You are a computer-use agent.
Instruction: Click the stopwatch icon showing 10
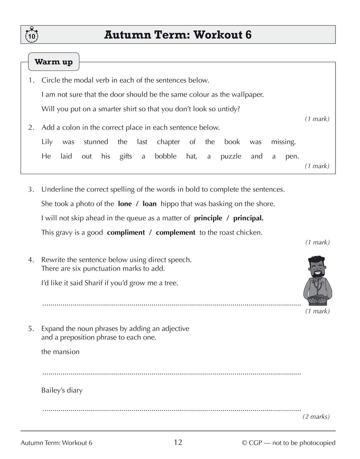coord(31,35)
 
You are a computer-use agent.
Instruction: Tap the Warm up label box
coord(53,62)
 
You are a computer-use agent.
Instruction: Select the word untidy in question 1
coord(228,109)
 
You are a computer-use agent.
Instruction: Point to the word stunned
coord(96,142)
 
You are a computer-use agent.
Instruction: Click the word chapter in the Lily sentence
coord(168,142)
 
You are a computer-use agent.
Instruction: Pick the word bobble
coord(165,156)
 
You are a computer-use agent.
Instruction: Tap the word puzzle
coord(231,156)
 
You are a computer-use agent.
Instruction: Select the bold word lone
coord(125,204)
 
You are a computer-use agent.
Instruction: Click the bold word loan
coord(149,204)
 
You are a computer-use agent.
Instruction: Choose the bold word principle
coord(208,218)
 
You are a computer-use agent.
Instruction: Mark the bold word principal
coord(248,218)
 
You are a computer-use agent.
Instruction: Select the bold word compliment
coord(126,233)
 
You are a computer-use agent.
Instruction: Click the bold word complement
coord(176,233)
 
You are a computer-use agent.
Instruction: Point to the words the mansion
coord(60,352)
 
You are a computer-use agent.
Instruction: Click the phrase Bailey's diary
coord(62,390)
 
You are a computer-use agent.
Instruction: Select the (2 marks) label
coord(316,417)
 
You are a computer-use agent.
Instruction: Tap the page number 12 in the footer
coord(178,442)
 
